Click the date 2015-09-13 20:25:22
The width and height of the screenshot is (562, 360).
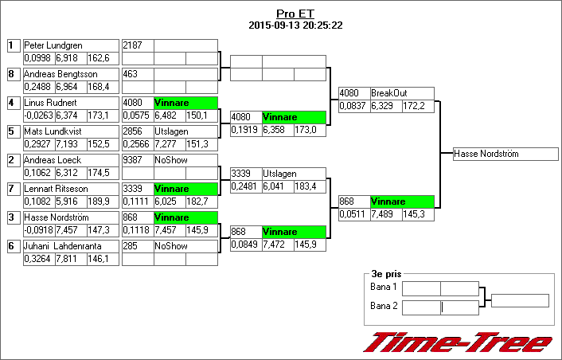(x=295, y=25)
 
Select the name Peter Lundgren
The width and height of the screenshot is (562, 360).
(x=53, y=45)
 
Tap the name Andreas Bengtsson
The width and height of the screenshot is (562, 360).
(x=60, y=74)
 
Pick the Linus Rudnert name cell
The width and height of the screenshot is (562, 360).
(x=50, y=103)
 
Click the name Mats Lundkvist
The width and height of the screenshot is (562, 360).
(x=54, y=131)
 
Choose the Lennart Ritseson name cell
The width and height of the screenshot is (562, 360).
(x=55, y=189)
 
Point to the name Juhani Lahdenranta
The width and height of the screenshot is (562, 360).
(x=60, y=246)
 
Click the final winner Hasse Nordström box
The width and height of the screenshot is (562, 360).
(x=505, y=154)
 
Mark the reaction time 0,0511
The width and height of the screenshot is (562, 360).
(x=352, y=214)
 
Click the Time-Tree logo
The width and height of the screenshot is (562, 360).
(x=458, y=341)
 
